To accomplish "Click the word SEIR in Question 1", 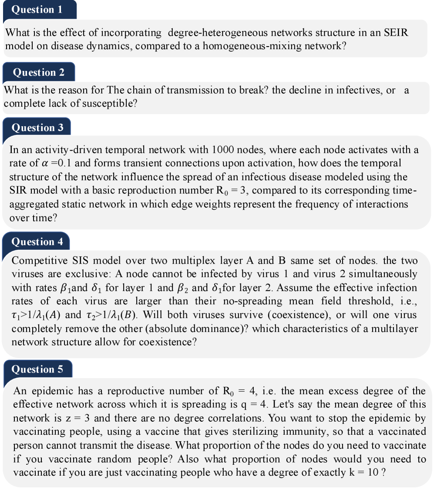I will click(x=396, y=33).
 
